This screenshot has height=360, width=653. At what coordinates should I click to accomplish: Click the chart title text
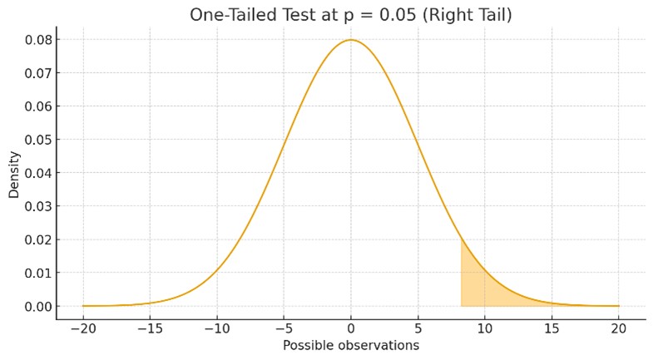349,15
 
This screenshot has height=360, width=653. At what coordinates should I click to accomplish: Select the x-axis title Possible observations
350,345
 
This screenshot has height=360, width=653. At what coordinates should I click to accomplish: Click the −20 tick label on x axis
82,328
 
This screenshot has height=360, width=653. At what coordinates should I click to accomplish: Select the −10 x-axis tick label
215,328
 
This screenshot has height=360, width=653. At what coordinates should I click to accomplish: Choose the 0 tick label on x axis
351,328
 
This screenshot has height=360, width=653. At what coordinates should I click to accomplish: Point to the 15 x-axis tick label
552,328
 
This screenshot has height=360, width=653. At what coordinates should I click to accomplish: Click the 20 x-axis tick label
619,328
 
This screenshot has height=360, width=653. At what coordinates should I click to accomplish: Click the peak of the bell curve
350,40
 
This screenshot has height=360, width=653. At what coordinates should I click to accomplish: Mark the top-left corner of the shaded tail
463,239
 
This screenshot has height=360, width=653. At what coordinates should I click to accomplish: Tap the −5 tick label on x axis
283,328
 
